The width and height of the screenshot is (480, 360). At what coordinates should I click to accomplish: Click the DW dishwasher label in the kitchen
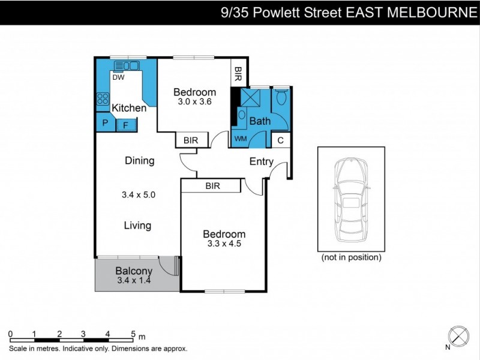click(118, 77)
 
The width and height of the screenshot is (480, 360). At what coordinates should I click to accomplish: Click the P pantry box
click(105, 123)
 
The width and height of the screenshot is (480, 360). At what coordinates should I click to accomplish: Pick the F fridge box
click(126, 125)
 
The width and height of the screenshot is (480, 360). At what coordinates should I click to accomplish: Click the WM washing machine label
click(240, 139)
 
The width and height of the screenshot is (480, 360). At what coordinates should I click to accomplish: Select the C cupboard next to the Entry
click(280, 140)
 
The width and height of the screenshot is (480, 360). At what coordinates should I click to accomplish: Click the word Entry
click(261, 161)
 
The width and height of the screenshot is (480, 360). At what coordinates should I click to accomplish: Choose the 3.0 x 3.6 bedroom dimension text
click(194, 102)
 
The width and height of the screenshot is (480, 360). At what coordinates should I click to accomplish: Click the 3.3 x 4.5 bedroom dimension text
click(223, 244)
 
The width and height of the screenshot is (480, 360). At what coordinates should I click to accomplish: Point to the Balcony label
click(133, 271)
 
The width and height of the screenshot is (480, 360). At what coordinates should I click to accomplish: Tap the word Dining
click(139, 161)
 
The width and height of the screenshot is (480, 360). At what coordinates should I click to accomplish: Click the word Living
click(137, 226)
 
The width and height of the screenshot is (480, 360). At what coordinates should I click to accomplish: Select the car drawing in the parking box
click(351, 199)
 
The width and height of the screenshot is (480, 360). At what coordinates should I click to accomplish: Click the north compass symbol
click(458, 335)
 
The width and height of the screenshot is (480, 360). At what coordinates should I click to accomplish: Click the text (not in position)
click(351, 258)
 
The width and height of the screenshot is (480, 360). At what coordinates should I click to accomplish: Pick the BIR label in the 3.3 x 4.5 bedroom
click(212, 186)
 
